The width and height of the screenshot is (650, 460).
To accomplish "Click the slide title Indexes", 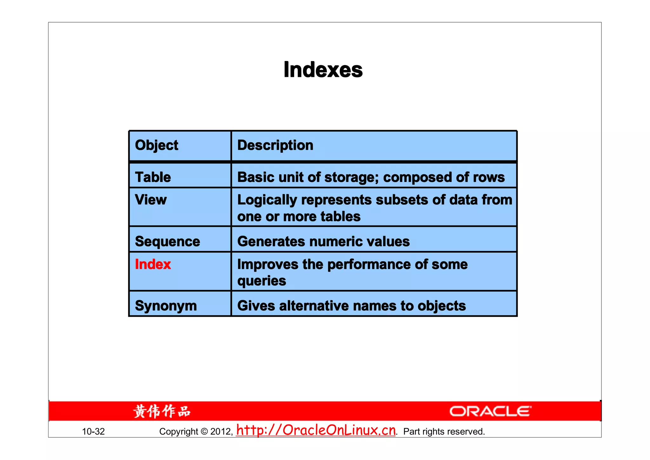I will tap(323, 70).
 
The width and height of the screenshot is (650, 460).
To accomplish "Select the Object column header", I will tap(156, 145).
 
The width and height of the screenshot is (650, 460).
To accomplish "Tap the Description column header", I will tap(275, 145).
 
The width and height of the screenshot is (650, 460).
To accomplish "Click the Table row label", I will tap(153, 177).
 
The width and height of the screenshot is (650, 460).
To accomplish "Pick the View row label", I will tap(150, 200).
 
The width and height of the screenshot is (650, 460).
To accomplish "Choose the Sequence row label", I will tap(167, 241).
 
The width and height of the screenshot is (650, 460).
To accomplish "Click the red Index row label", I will tap(153, 264).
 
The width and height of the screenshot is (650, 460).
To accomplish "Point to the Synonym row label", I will tap(166, 306).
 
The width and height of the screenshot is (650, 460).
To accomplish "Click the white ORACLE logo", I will tap(490, 411).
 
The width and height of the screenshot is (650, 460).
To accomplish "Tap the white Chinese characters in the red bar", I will tap(162, 411).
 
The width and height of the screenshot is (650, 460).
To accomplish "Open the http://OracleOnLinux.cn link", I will tap(316, 430).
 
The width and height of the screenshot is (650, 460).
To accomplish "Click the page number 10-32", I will tap(93, 431).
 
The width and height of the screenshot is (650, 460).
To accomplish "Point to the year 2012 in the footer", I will tap(221, 431).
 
